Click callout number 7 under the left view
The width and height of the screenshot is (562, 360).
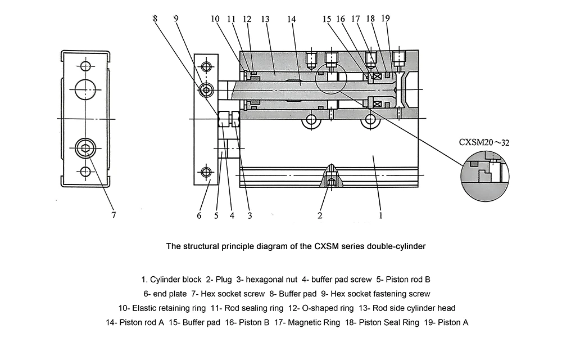click(x=114, y=214)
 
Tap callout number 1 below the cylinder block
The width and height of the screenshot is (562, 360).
click(x=380, y=214)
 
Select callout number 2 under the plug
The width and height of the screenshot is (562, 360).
click(x=320, y=215)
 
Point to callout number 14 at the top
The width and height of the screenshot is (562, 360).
click(x=291, y=19)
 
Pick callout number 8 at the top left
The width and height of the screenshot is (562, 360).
click(x=155, y=19)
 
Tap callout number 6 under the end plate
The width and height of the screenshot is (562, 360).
click(x=199, y=215)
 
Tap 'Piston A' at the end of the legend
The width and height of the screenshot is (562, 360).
click(x=453, y=323)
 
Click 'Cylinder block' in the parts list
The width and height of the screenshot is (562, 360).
click(x=176, y=279)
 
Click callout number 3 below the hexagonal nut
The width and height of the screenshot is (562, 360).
click(x=250, y=215)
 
